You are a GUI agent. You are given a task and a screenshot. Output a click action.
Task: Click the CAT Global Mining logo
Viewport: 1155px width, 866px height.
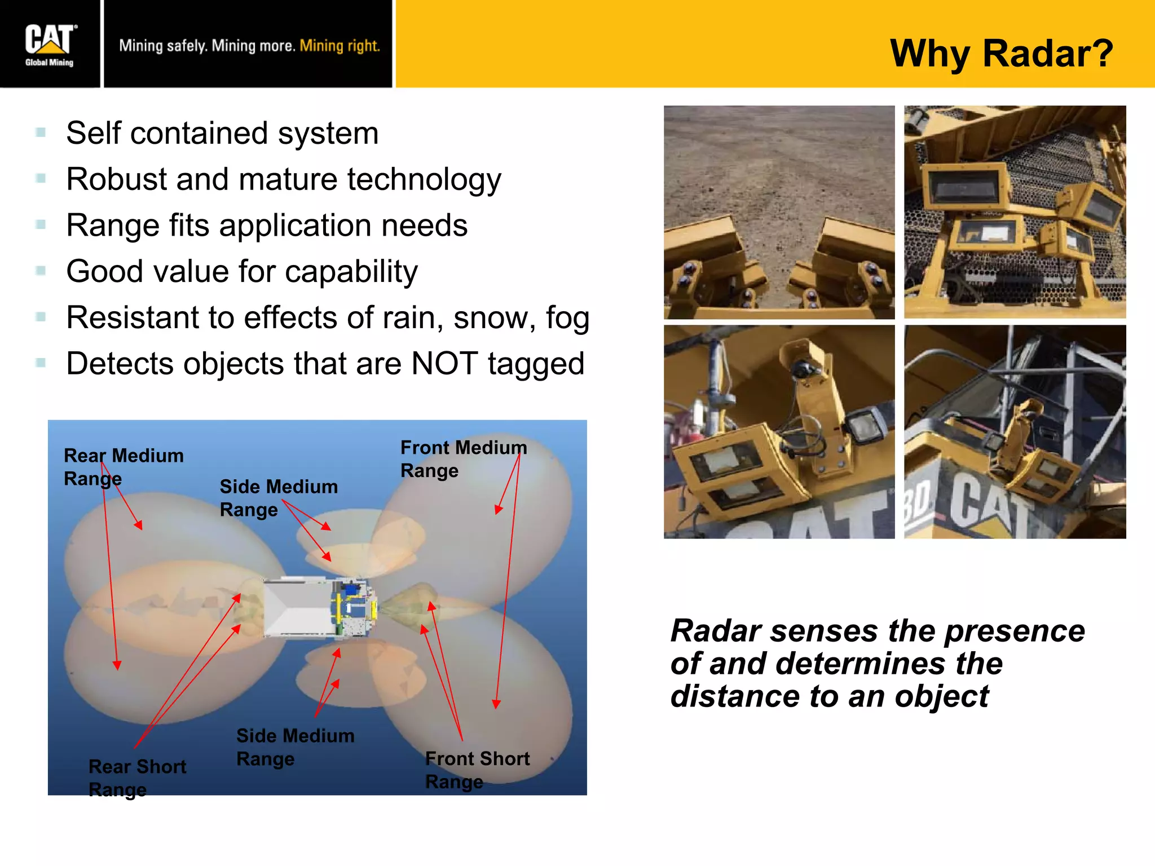click(50, 45)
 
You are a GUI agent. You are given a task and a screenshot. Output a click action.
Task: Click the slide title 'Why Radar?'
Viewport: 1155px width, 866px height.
click(1001, 54)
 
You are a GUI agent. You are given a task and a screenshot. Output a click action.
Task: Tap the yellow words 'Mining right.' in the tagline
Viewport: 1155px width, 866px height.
click(340, 46)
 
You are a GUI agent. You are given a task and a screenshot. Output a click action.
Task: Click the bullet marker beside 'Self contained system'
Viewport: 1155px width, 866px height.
click(41, 133)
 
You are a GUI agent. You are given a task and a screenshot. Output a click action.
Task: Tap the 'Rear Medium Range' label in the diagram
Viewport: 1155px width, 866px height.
click(123, 466)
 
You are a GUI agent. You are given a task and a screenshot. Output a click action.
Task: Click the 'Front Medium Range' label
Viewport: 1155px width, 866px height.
click(462, 458)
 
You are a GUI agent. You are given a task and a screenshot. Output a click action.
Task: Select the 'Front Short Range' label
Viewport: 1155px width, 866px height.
click(477, 770)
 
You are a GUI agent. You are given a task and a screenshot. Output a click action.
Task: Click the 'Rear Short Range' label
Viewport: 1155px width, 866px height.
click(136, 777)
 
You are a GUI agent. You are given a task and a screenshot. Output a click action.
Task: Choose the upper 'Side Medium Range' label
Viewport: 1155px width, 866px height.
click(278, 497)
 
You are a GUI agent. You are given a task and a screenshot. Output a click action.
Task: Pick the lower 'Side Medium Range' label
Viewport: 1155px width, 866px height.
click(295, 746)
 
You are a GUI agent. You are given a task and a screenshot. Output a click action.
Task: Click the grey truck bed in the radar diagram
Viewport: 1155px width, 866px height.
click(296, 608)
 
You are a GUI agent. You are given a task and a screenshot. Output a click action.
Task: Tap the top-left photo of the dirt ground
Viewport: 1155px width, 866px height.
click(778, 169)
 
